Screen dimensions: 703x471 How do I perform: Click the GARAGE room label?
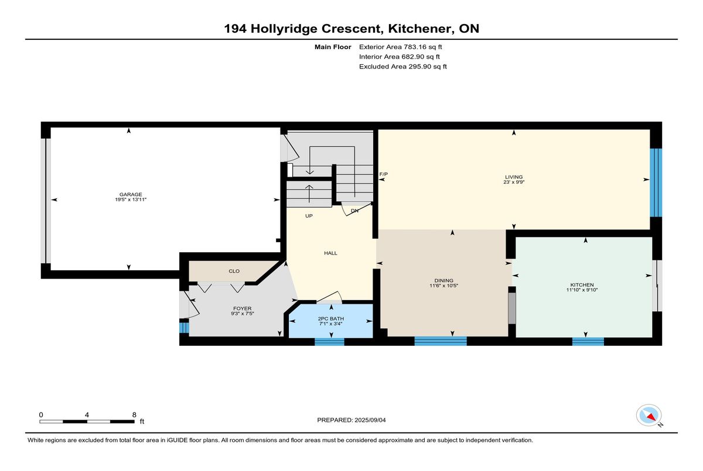(131, 194)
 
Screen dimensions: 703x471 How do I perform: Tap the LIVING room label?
(514, 177)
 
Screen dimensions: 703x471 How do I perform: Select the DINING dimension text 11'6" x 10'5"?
(444, 286)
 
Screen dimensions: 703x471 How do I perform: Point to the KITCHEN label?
(582, 284)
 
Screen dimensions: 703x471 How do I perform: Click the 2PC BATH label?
(331, 319)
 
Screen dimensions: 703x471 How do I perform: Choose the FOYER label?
(243, 308)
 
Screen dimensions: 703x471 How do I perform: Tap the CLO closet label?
(234, 271)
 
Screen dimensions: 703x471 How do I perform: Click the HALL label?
(330, 253)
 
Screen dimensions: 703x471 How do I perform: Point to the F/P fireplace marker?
(384, 174)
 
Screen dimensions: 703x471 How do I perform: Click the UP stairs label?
(309, 216)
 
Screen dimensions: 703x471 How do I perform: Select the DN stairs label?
(354, 211)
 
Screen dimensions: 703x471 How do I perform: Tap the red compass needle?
(651, 417)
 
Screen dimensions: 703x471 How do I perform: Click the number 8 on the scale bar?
(134, 415)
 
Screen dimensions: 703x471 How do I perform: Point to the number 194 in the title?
(235, 29)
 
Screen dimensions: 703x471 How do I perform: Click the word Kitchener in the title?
(419, 29)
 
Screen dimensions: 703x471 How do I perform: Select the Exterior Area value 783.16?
(415, 47)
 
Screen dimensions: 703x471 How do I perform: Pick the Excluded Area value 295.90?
(419, 67)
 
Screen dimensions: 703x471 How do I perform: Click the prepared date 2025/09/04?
(370, 420)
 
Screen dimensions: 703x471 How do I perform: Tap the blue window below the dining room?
(441, 341)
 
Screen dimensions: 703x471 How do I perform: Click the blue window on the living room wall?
(656, 183)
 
